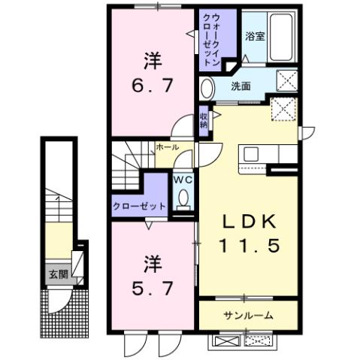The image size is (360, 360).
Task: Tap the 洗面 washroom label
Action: (x=241, y=85)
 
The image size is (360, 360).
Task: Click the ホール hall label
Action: (x=168, y=147)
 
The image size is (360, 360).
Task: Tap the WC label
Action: (x=183, y=180)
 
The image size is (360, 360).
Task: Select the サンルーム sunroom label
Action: (x=248, y=315)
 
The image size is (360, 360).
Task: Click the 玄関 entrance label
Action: (x=58, y=274)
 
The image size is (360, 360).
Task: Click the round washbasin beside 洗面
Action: (x=207, y=88)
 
